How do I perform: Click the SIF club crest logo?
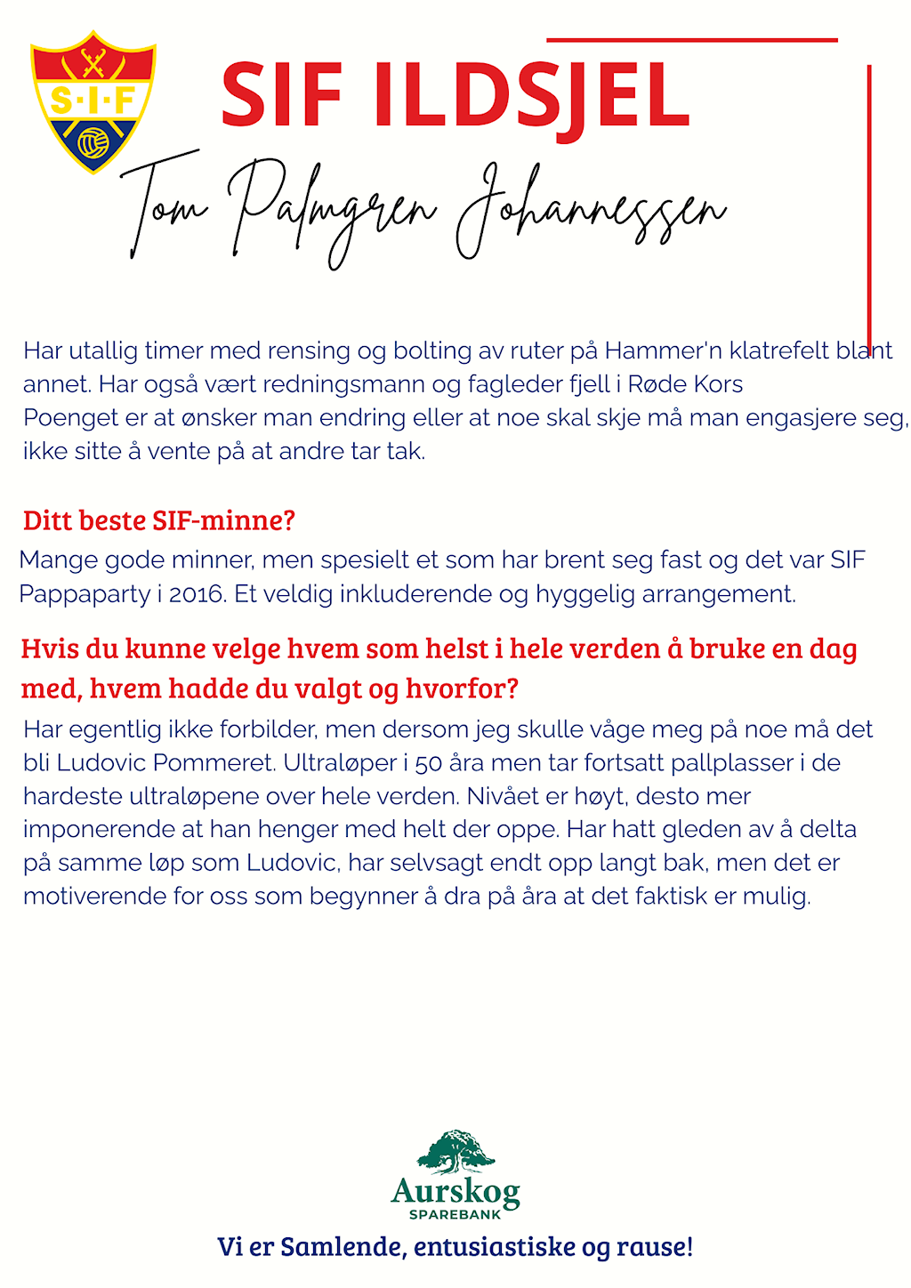(93, 101)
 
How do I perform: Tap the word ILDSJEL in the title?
(530, 95)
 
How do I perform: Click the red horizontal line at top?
(692, 40)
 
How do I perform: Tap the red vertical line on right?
(869, 205)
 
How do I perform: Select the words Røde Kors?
(685, 384)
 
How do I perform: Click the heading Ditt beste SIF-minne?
(158, 520)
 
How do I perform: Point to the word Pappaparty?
(85, 593)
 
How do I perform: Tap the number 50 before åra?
(428, 763)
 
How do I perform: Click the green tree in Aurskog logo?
(455, 1152)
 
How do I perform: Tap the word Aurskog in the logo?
(455, 1191)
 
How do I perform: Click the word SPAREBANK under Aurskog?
(455, 1215)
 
